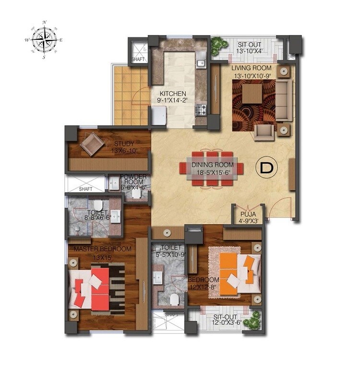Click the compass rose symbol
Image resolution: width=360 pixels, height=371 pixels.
click(x=44, y=40)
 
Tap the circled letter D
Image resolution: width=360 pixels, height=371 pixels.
click(x=264, y=168)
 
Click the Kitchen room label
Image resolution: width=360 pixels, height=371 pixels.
click(x=173, y=94)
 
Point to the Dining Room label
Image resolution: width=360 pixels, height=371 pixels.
click(x=213, y=165)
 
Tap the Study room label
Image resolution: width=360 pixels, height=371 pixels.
click(x=124, y=144)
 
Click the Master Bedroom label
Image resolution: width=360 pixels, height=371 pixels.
click(x=102, y=249)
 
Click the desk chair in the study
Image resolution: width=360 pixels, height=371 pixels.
click(x=92, y=144)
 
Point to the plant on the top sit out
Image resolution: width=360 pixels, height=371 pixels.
click(x=220, y=44)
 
